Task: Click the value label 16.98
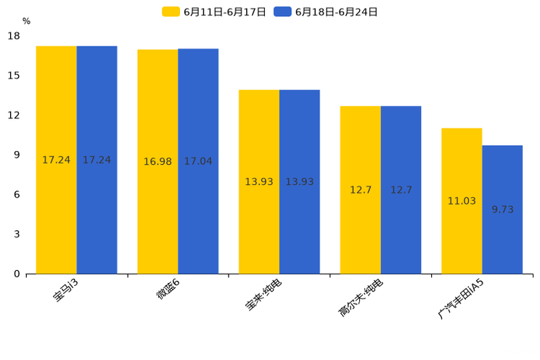click(157, 162)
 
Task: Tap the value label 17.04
click(198, 161)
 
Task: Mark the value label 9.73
click(502, 210)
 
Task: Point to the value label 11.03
click(462, 201)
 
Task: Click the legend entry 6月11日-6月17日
click(214, 12)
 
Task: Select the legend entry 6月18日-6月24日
click(326, 12)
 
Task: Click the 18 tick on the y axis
click(14, 36)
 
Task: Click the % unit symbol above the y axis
click(26, 22)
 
